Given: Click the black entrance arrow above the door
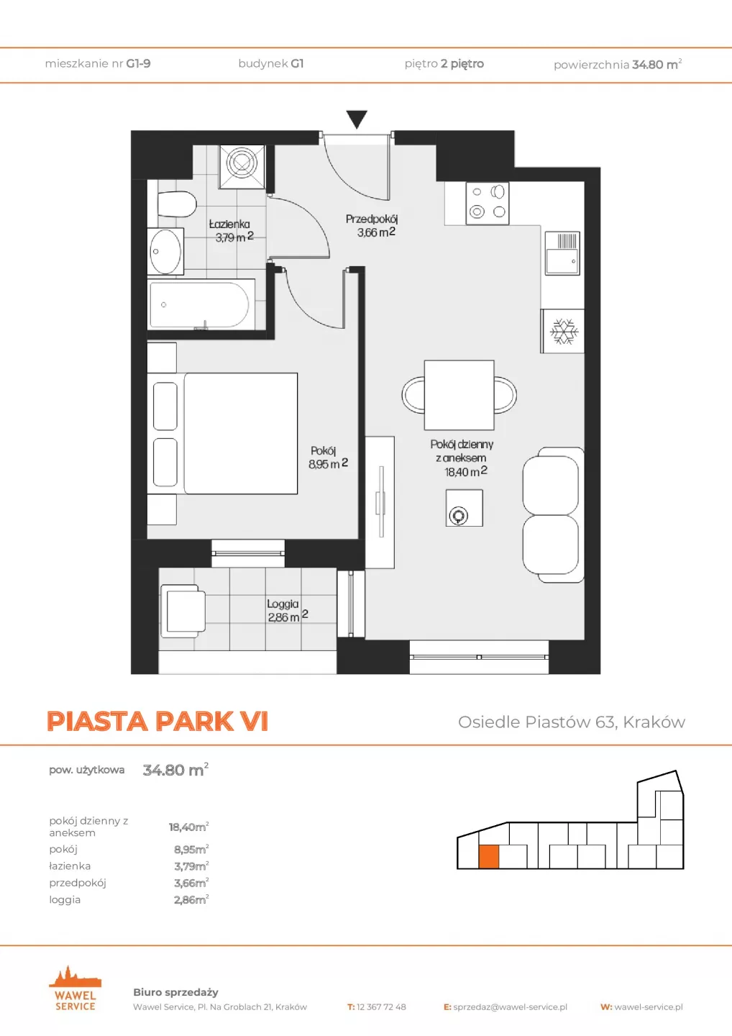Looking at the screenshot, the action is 357,119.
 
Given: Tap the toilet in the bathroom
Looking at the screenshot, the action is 177,204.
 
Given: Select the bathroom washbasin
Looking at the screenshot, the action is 165,251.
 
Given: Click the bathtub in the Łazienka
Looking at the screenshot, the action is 201,304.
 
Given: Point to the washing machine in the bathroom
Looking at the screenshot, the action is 242,166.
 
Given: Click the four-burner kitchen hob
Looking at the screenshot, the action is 487,203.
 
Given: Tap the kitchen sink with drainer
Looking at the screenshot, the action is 562,253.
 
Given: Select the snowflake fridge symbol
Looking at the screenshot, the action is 564,331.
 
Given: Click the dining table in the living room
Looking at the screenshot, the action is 459,395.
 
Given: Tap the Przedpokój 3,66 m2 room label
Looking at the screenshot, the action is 372,225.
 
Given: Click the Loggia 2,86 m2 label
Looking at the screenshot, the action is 287,611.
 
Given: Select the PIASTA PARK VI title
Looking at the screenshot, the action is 157,721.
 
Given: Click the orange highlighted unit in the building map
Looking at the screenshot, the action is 489,856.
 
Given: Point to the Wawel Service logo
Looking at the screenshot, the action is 75,989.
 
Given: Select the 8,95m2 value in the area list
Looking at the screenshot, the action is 191,849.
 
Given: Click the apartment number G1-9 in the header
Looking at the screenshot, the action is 138,63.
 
